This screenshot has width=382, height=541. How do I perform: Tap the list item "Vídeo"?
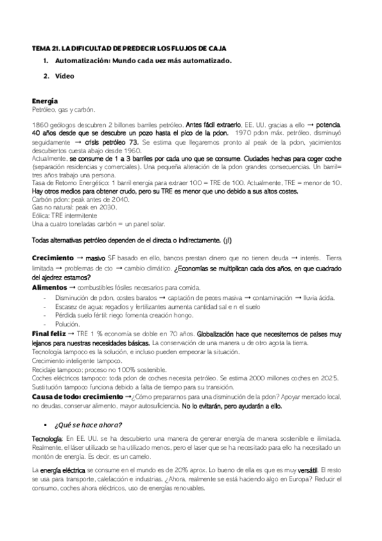(64, 77)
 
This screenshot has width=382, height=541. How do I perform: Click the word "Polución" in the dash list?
(68, 324)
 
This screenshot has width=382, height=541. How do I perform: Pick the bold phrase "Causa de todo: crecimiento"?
(78, 397)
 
